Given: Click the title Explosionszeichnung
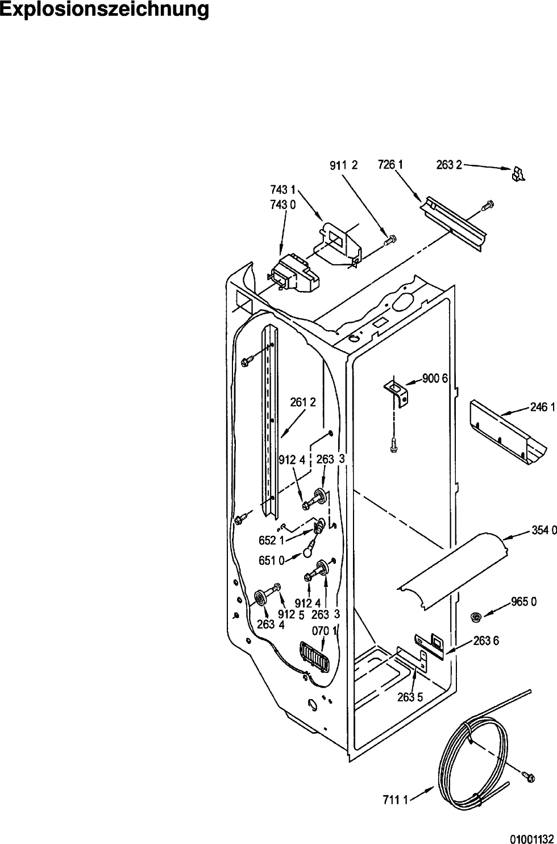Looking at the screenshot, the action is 105,11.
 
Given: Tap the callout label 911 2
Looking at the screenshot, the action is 344,165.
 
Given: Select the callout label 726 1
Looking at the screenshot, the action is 390,165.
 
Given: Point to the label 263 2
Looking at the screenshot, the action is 449,165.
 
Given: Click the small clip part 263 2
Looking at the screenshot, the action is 518,174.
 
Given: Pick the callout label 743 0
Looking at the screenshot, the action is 283,205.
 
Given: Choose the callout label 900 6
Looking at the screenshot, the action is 435,379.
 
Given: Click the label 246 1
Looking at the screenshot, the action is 543,408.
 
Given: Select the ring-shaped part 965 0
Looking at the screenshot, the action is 477,617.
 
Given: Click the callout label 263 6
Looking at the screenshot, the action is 486,641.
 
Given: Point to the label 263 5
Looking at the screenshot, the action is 410,697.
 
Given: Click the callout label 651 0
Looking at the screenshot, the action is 271,560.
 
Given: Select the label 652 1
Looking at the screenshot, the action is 271,541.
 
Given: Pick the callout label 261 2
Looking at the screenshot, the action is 303,402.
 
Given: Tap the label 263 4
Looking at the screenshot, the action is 271,625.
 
